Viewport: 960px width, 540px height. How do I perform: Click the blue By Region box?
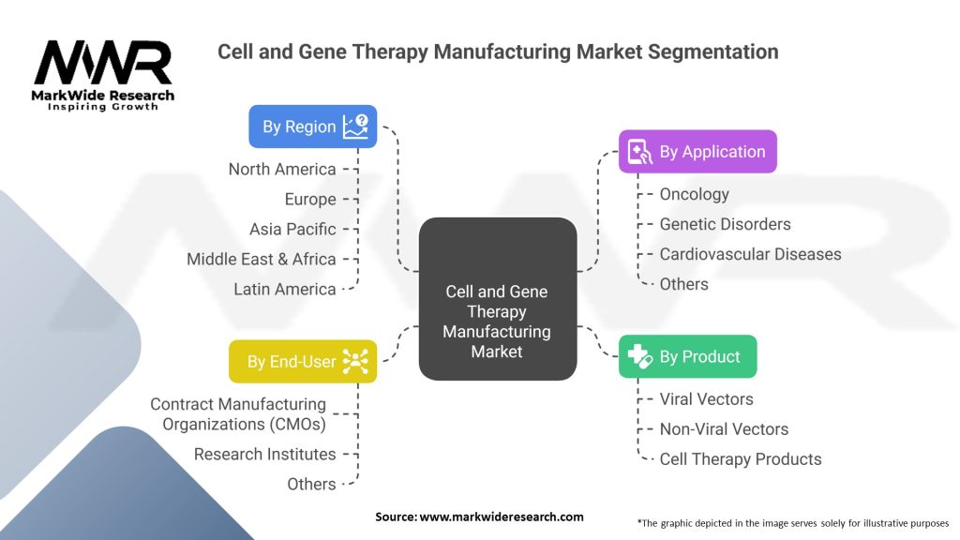coord(313,127)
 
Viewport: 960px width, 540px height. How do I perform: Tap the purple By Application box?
coord(697,151)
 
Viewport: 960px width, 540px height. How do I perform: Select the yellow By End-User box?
coord(303,361)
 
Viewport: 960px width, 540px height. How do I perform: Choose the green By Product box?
coord(687,356)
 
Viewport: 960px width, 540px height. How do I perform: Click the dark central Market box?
coord(498,299)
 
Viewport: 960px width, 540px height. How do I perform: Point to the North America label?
coord(282,169)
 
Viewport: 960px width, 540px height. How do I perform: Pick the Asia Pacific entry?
coord(292,229)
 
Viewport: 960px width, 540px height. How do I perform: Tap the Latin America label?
coord(285,289)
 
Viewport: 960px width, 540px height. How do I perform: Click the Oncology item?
coord(695,195)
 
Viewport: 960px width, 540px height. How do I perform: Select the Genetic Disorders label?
coord(725,224)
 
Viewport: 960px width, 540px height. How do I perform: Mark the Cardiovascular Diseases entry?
coord(750,254)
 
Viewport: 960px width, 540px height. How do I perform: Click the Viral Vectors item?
coord(706,399)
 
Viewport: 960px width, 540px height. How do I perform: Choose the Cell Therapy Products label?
coord(741,459)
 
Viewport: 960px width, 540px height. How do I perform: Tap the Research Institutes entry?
coord(265,455)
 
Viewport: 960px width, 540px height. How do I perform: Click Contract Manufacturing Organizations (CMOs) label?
coord(239,413)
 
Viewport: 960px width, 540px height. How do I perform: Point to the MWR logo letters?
coord(103,63)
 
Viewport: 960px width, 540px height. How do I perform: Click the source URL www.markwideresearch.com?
coord(502,517)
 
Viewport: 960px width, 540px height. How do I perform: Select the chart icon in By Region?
coord(355,127)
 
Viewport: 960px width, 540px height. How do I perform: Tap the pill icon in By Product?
coord(639,356)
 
